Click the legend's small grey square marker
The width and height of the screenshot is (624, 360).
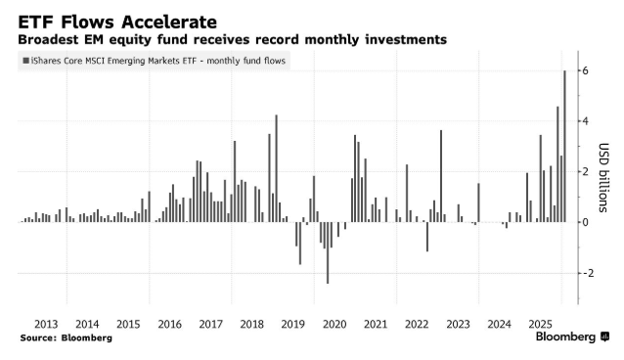[24, 61]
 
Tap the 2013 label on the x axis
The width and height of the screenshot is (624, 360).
[45, 324]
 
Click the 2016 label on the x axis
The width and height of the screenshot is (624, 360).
[169, 324]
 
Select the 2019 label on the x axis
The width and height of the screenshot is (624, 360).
[292, 324]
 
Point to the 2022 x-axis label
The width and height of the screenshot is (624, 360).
[417, 324]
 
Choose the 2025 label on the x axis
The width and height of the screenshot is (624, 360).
[540, 324]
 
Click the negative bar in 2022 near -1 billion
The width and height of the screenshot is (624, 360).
[426, 237]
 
